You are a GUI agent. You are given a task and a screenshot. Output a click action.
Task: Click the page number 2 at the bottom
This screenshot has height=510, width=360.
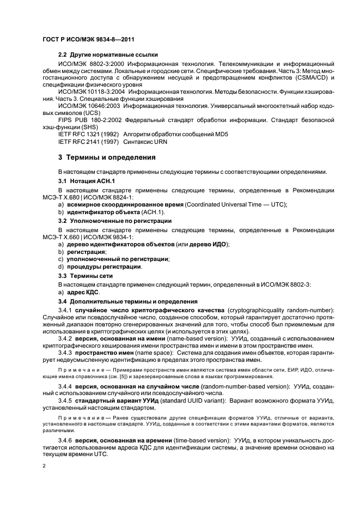click(44, 466)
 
